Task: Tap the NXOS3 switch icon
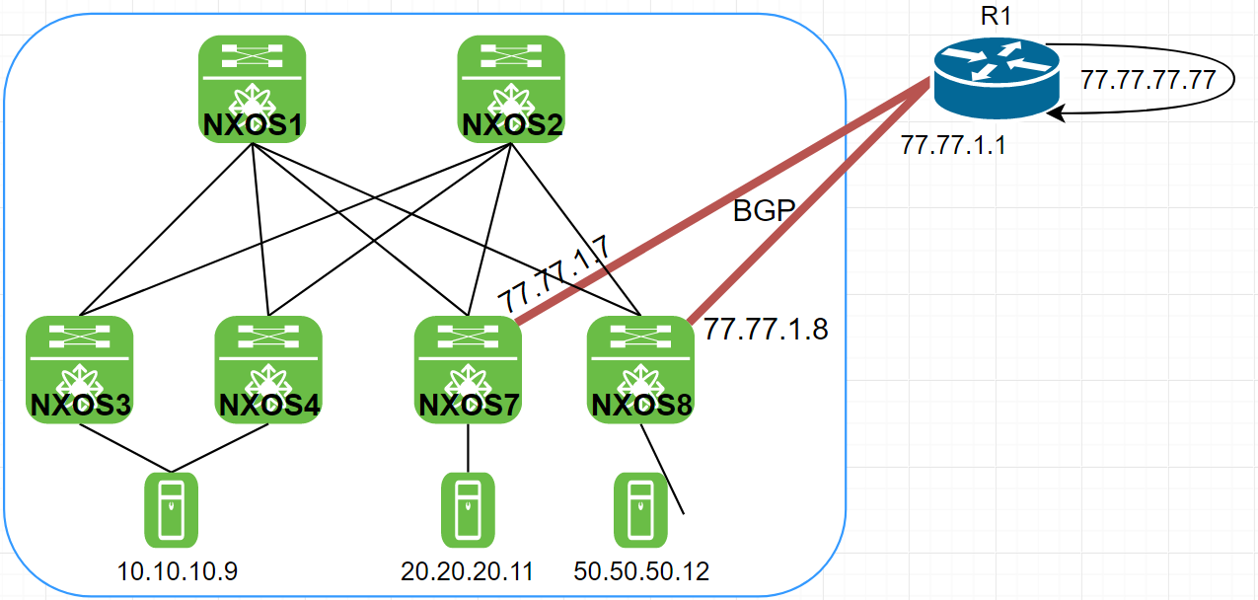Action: (x=80, y=368)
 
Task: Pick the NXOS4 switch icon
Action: (x=268, y=368)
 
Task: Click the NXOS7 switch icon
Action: (x=468, y=368)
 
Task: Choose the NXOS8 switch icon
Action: (x=640, y=368)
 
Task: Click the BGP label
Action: (x=764, y=210)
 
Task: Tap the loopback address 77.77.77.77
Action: (x=1147, y=80)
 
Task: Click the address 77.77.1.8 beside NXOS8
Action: (x=766, y=330)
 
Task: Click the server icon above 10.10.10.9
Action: (x=172, y=509)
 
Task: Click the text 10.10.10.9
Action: (x=178, y=571)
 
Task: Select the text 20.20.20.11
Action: (x=468, y=571)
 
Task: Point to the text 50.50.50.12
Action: (x=641, y=571)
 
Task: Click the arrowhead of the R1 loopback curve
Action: (x=1056, y=115)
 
